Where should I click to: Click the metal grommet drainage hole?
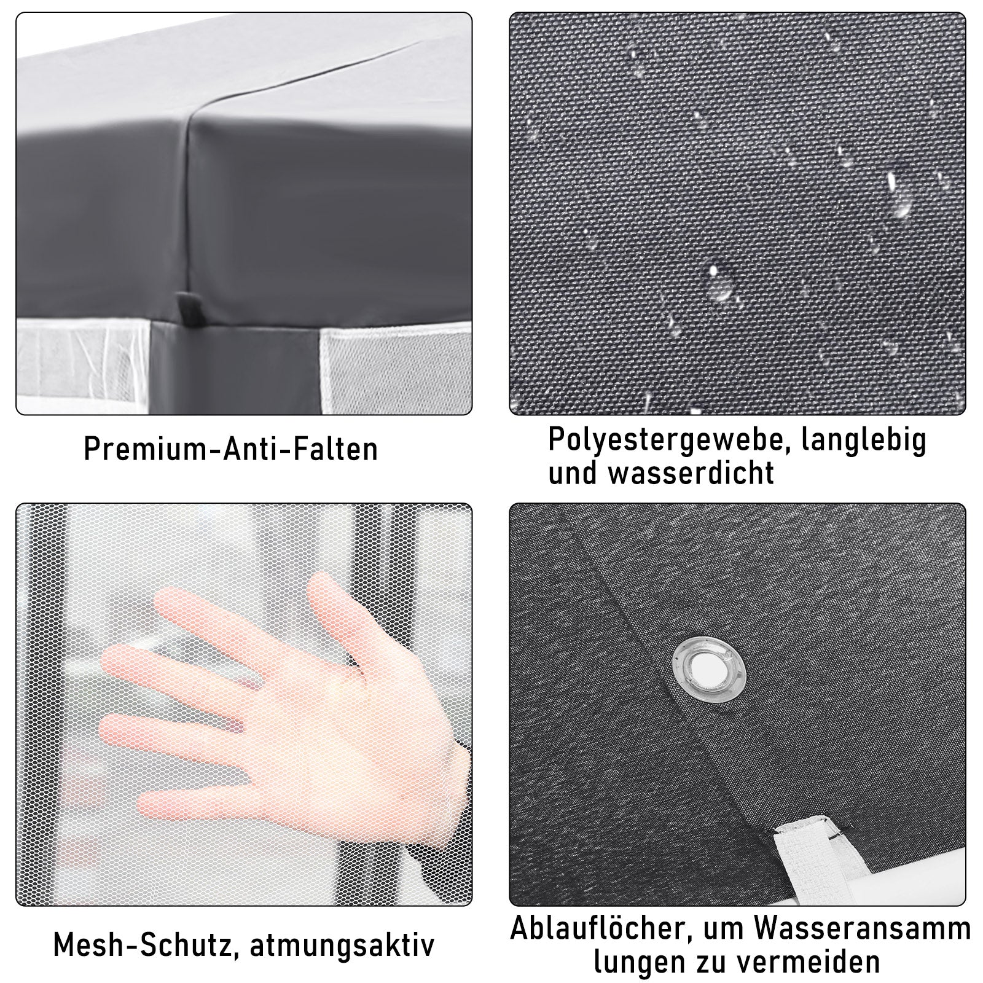708,667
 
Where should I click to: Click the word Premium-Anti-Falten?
230,448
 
